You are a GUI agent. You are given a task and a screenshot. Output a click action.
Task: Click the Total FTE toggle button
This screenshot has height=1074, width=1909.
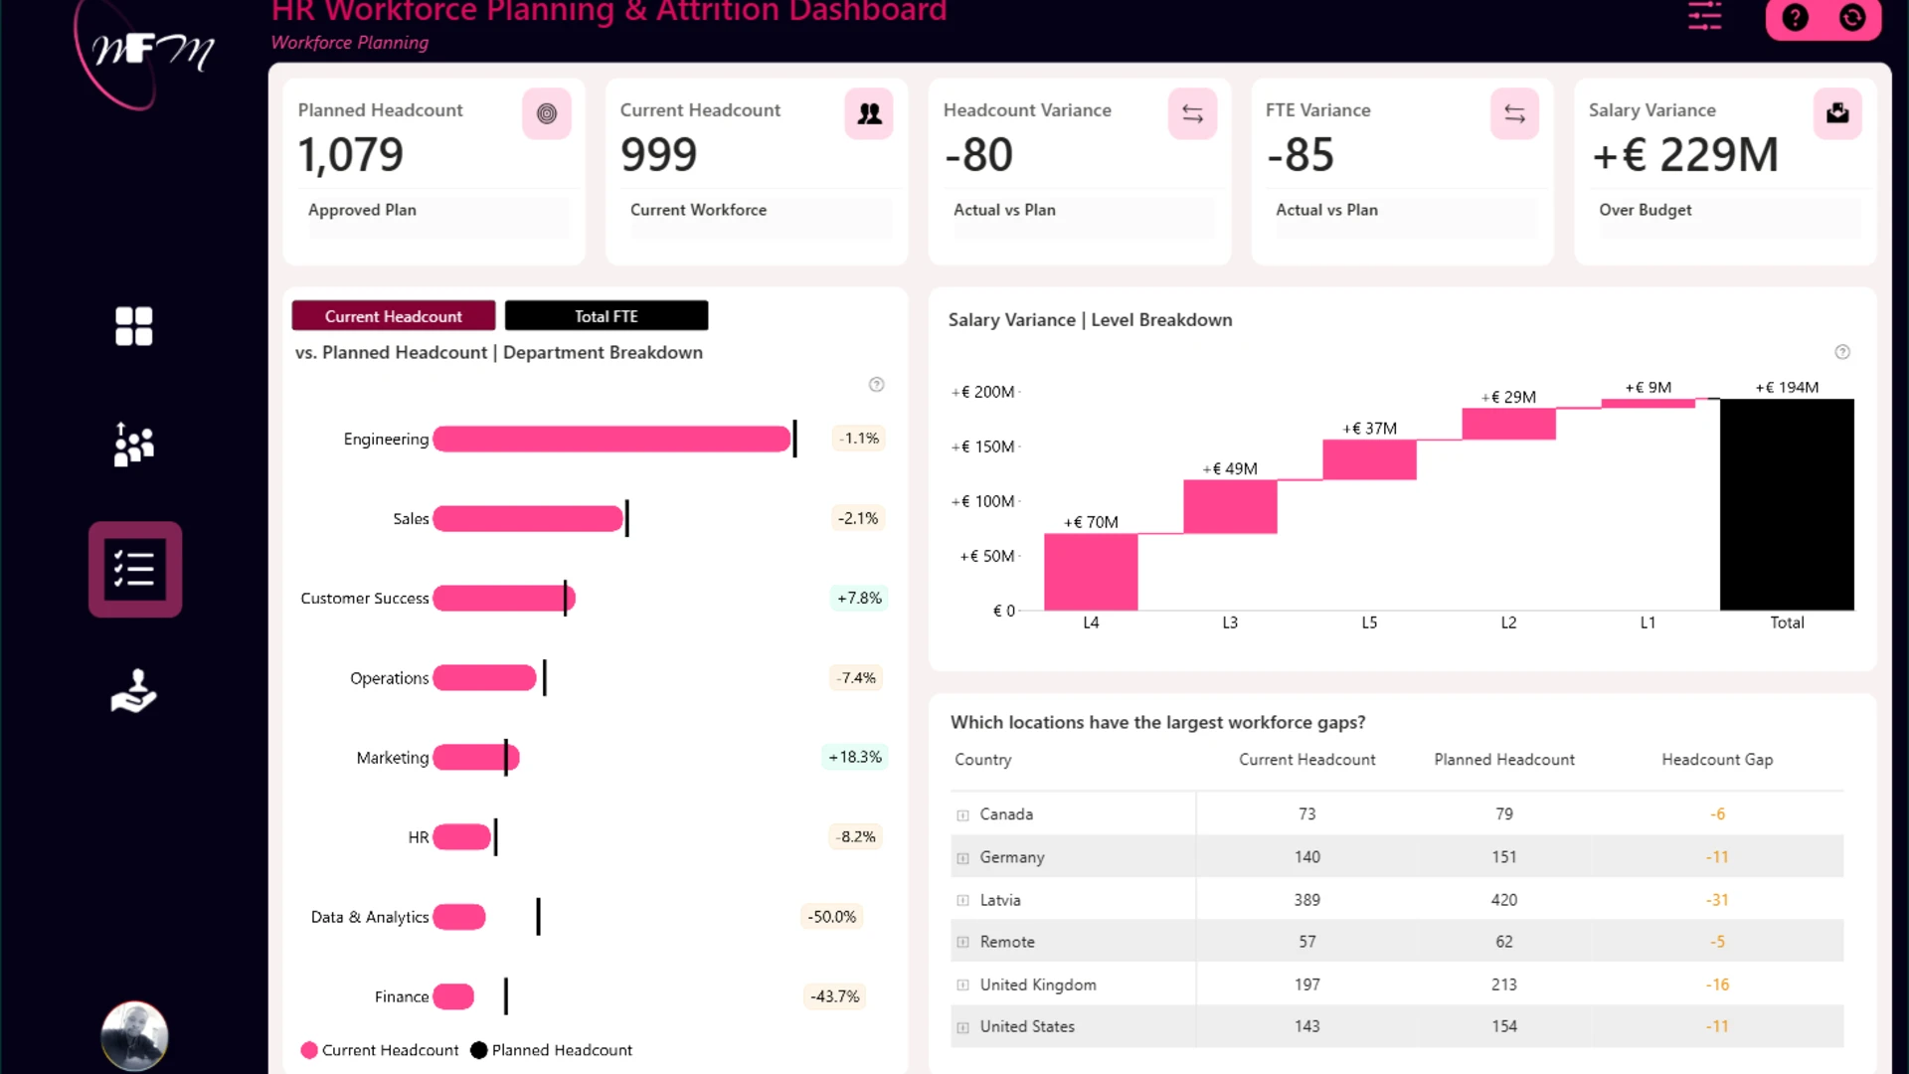[x=607, y=316]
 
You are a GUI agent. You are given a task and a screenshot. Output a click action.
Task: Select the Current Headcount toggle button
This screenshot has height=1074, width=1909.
[x=394, y=316]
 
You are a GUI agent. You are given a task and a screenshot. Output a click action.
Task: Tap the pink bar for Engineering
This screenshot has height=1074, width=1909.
[x=611, y=439]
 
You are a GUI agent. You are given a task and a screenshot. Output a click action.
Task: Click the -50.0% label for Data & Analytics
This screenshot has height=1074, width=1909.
[x=832, y=917]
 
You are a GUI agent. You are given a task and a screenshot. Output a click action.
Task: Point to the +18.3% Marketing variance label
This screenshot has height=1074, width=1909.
[x=855, y=758]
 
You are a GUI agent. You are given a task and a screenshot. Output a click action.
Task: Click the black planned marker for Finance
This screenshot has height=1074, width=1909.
[x=506, y=996]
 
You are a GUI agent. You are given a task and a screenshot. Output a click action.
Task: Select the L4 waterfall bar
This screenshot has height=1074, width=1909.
[x=1091, y=572]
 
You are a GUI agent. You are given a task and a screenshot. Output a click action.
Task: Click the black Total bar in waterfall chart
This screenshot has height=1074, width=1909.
[x=1787, y=504]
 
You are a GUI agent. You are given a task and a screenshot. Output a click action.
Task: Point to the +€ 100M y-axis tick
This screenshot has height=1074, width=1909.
[x=982, y=501]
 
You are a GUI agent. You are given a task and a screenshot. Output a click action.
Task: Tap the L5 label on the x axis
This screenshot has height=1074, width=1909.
[x=1369, y=623]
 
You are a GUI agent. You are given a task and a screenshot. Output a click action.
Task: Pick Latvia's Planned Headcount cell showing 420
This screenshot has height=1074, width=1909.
[x=1504, y=900]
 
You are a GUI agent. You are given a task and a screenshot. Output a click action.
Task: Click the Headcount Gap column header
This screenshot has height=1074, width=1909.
[x=1717, y=760]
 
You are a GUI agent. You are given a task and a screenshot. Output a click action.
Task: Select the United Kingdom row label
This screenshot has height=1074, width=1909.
[x=1038, y=984]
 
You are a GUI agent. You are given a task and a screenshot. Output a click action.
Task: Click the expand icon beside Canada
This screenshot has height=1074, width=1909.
[x=962, y=815]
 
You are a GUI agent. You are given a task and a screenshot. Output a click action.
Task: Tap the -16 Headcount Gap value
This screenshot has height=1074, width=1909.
[x=1717, y=984]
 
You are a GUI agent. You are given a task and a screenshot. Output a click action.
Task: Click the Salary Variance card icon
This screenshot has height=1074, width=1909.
[x=1837, y=113]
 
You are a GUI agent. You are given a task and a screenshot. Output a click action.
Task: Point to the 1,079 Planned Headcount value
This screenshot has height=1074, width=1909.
[x=351, y=155]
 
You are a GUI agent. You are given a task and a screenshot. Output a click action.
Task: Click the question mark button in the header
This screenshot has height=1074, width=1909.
[x=1795, y=18]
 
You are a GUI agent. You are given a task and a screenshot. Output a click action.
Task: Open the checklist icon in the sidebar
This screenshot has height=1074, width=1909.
[x=135, y=570]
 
